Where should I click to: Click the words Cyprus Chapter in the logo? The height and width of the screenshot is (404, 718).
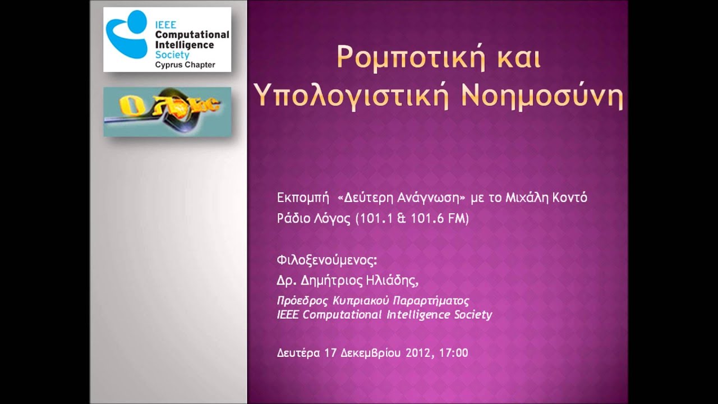pyautogui.click(x=185, y=65)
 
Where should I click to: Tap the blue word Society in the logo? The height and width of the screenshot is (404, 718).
pyautogui.click(x=172, y=54)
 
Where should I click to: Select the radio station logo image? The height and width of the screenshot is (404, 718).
pyautogui.click(x=167, y=112)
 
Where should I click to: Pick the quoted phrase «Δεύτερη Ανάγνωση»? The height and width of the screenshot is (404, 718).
pyautogui.click(x=401, y=198)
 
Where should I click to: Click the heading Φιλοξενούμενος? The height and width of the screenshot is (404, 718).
pyautogui.click(x=327, y=260)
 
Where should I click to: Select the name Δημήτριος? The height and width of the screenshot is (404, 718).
pyautogui.click(x=332, y=281)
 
